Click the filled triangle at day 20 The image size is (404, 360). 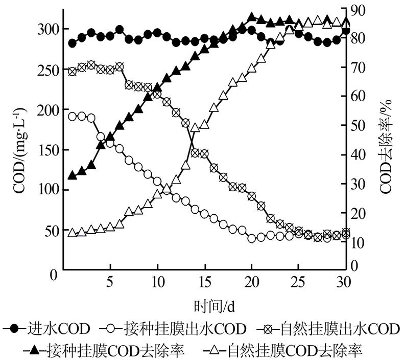251,17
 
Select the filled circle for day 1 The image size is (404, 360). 72,43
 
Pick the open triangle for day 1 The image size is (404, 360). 72,233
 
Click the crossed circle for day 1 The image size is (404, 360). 72,72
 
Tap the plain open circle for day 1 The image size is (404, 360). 72,116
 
